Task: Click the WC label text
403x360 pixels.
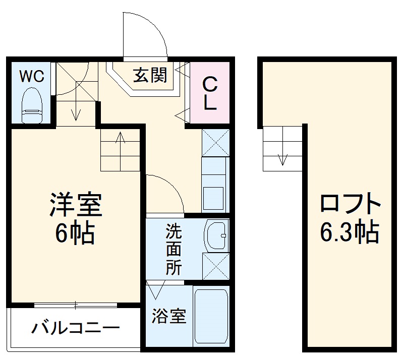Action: [x=32, y=76]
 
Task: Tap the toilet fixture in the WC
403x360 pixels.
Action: [x=32, y=104]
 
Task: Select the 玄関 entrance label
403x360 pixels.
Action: [x=150, y=75]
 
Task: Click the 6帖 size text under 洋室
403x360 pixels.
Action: [x=76, y=233]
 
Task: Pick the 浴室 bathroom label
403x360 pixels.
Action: [x=169, y=317]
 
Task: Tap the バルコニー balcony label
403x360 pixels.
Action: [x=76, y=329]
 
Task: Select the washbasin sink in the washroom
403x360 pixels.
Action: [x=216, y=235]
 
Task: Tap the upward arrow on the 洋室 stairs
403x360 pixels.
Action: [x=121, y=143]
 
